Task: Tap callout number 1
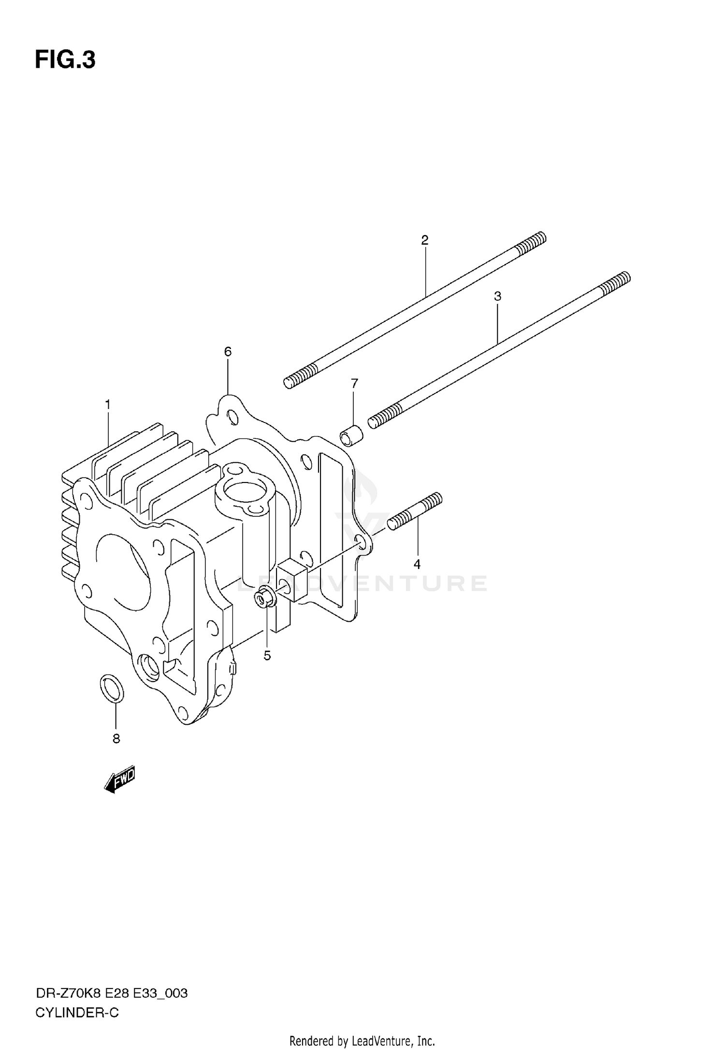pos(108,404)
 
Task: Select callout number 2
pos(425,240)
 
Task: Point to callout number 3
pos(497,296)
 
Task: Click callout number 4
pos(417,564)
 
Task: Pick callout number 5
pos(267,656)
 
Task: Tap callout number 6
pos(228,351)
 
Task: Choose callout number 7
pos(354,383)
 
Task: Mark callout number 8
pos(116,739)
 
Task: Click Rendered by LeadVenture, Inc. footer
pos(362,1040)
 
